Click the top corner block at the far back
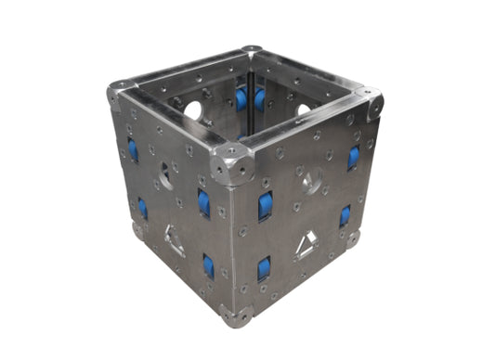click(251, 52)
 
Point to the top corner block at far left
click(117, 94)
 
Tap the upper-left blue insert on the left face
click(133, 148)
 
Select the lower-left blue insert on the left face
click(142, 208)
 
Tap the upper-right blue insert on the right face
click(354, 157)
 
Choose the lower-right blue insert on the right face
click(345, 216)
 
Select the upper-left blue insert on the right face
click(266, 206)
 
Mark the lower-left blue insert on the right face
click(265, 269)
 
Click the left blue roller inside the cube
click(241, 97)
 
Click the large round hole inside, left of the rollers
click(193, 109)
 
